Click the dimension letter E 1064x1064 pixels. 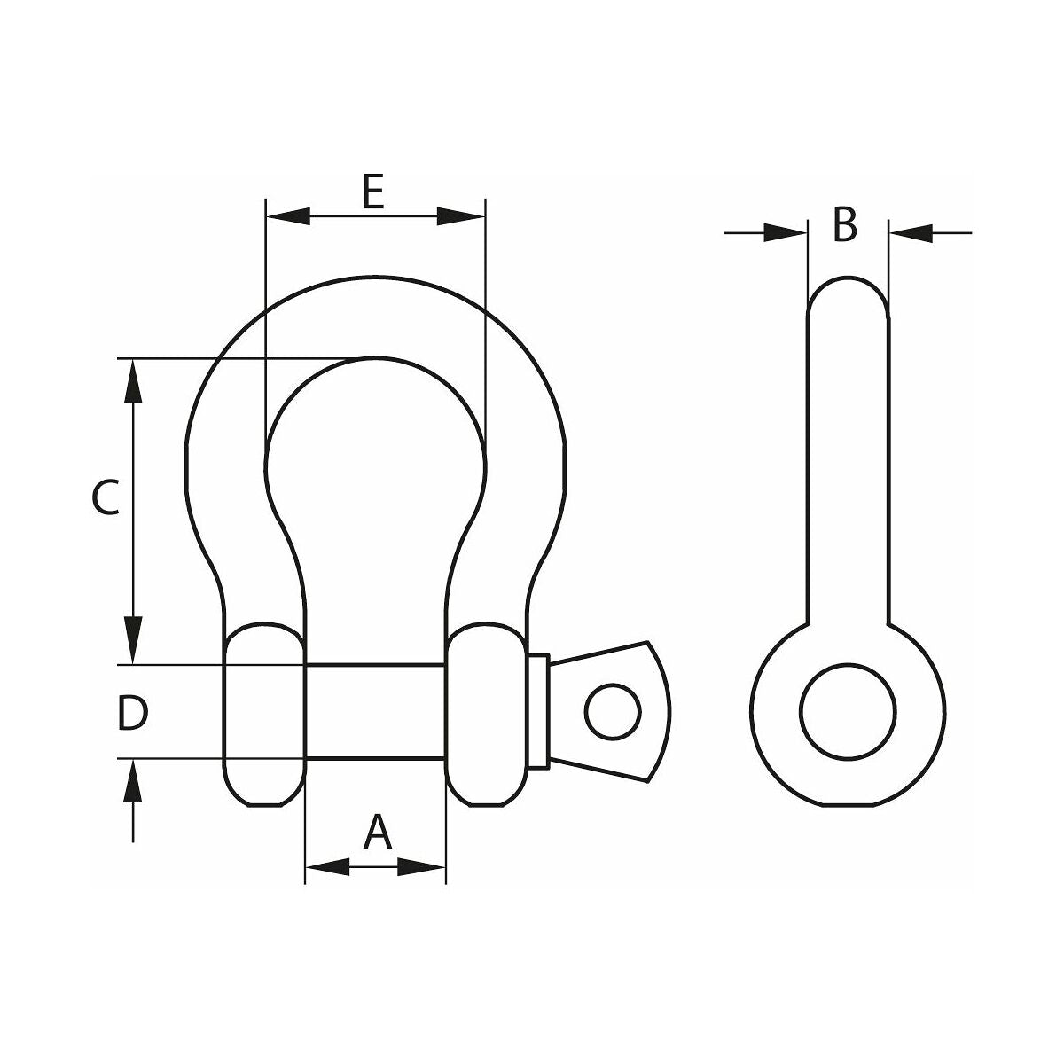tap(373, 192)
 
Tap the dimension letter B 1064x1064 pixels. tap(844, 224)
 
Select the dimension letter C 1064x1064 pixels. tap(105, 497)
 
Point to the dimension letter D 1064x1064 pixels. tap(132, 714)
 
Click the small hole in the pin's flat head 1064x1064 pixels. tap(613, 712)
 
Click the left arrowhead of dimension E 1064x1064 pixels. tap(287, 216)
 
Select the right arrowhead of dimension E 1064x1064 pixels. tap(462, 216)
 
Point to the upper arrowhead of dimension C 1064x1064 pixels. tap(132, 381)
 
